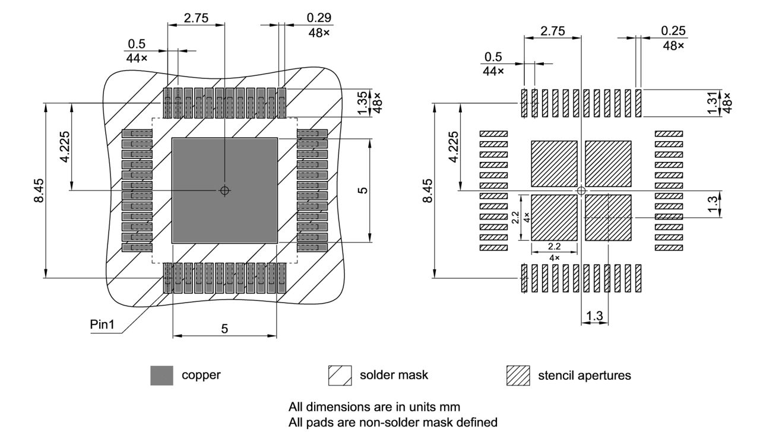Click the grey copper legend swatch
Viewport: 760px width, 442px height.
pyautogui.click(x=161, y=376)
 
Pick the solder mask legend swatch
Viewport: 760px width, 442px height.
pyautogui.click(x=340, y=376)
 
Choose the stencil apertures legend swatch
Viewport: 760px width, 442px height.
pyautogui.click(x=518, y=376)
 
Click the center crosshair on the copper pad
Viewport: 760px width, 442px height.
pyautogui.click(x=224, y=190)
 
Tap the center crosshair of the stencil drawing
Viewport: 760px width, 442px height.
pyautogui.click(x=581, y=190)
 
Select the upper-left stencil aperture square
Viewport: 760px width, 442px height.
pyautogui.click(x=554, y=163)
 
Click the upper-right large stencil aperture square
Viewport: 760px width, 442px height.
pyautogui.click(x=609, y=163)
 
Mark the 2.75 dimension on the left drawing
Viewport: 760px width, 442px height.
pyautogui.click(x=196, y=18)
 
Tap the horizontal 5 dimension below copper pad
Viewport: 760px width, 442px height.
pyautogui.click(x=224, y=329)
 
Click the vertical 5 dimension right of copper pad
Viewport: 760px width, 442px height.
pyautogui.click(x=363, y=190)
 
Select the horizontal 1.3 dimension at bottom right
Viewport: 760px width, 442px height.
pyautogui.click(x=594, y=317)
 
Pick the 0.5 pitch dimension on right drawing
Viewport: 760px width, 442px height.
pyautogui.click(x=493, y=57)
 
